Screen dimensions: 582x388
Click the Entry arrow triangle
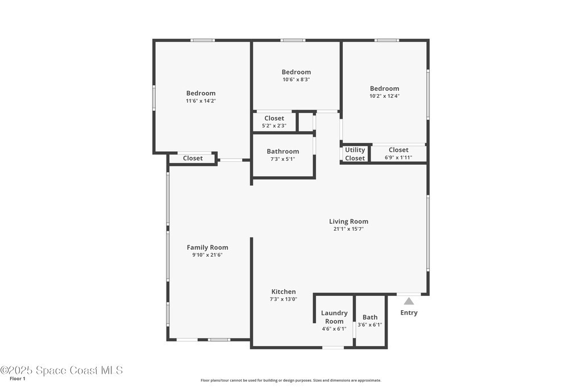[409, 301]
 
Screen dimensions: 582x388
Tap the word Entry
[409, 312]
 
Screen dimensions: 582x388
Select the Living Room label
[348, 222]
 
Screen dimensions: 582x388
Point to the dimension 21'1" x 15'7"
[348, 229]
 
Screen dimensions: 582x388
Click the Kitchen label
[284, 291]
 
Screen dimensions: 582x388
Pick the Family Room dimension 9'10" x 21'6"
[207, 255]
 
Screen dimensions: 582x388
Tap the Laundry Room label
[334, 317]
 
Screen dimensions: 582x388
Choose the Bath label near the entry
[370, 317]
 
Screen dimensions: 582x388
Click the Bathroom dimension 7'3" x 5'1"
[283, 159]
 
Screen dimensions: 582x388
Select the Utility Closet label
[355, 154]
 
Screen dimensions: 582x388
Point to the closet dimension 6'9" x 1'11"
[398, 157]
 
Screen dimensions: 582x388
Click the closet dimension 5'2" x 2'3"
[274, 126]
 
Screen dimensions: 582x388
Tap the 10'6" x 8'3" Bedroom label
[296, 72]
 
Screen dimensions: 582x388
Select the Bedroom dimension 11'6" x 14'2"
[201, 101]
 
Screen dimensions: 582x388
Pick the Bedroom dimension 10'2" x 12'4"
[385, 95]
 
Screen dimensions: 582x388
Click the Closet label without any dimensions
[193, 158]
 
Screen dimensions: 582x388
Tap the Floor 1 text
[18, 379]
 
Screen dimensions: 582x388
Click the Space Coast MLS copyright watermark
[61, 370]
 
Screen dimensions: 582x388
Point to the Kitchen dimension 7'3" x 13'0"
[284, 299]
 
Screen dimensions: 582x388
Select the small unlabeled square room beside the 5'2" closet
[306, 122]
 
